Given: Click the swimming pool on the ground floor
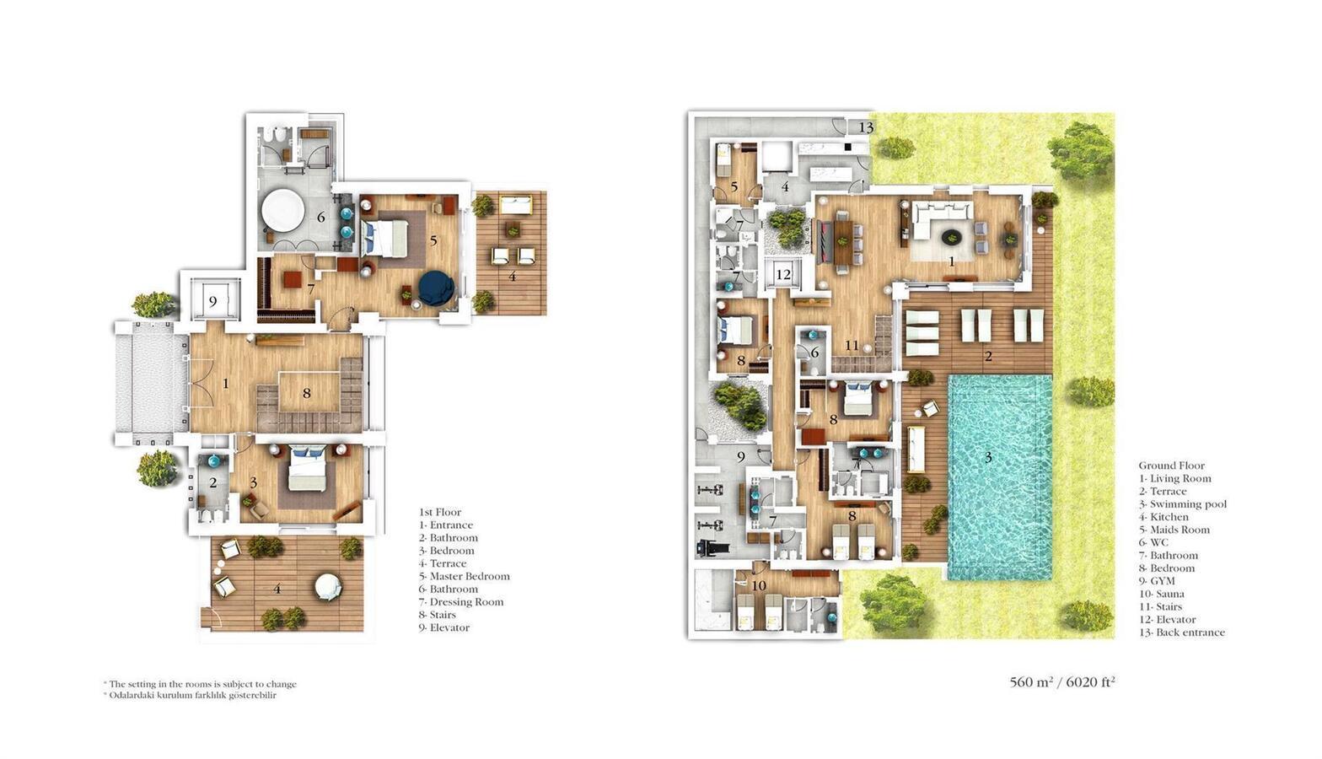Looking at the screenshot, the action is tap(1000, 476).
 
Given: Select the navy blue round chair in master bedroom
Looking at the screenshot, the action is tap(436, 288).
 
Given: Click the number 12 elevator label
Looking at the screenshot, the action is tap(783, 274).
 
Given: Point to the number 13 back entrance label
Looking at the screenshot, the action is tap(866, 126).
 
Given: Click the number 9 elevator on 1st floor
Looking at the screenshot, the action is tap(213, 301).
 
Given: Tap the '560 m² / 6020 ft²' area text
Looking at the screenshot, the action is tap(1062, 682).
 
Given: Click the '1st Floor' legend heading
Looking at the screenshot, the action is tap(440, 512).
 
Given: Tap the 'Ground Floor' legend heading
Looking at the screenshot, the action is tap(1172, 465).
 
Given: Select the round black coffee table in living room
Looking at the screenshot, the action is tap(951, 237).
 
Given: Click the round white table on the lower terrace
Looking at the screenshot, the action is tap(327, 587).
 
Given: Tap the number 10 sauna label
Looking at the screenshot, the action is tap(759, 585).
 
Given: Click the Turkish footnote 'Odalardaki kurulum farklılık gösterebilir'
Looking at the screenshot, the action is tap(193, 695).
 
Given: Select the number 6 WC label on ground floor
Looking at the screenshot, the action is tap(815, 353).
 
